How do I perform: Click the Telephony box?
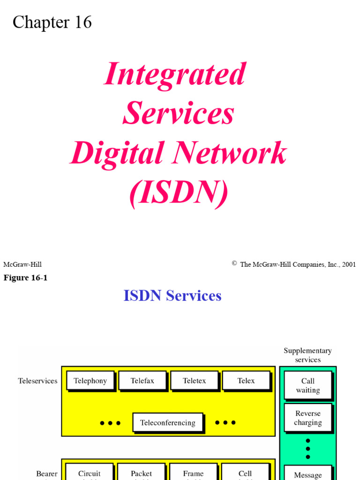coord(90,381)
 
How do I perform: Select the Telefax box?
coord(142,381)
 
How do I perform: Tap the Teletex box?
coord(194,381)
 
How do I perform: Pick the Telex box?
coord(246,381)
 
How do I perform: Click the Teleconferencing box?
coord(168,423)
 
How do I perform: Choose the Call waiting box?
coord(308,385)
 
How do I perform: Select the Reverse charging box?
coord(308,418)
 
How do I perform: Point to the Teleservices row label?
coord(37,381)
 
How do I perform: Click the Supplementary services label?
coord(307,355)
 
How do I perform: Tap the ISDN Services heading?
coord(172,296)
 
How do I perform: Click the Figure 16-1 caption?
coord(26,277)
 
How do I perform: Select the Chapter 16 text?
coord(52,22)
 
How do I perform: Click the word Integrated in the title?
coord(175,74)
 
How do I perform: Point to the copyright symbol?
coord(234,263)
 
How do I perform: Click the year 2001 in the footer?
coord(349,264)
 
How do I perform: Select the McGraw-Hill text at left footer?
coord(22,264)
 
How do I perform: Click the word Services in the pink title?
coord(178,113)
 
